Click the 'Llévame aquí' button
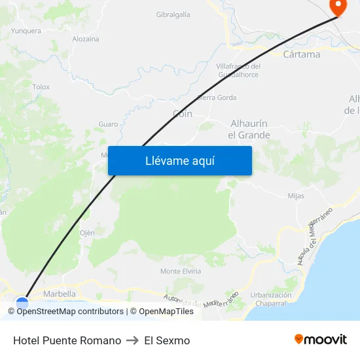click(180, 160)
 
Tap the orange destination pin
click(338, 7)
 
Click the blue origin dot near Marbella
click(22, 304)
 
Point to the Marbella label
click(60, 294)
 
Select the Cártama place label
click(302, 54)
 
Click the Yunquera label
click(26, 31)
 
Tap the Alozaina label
click(86, 39)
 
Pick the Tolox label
click(41, 86)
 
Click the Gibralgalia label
click(173, 14)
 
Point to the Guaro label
click(108, 124)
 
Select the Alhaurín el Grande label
click(249, 129)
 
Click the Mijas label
click(296, 196)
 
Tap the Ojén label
click(87, 232)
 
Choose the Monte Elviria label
click(181, 271)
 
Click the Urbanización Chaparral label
click(270, 299)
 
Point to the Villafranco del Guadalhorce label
click(238, 70)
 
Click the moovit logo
click(320, 340)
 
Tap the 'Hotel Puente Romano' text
click(67, 340)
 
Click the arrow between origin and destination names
click(133, 340)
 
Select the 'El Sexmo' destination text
click(167, 340)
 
